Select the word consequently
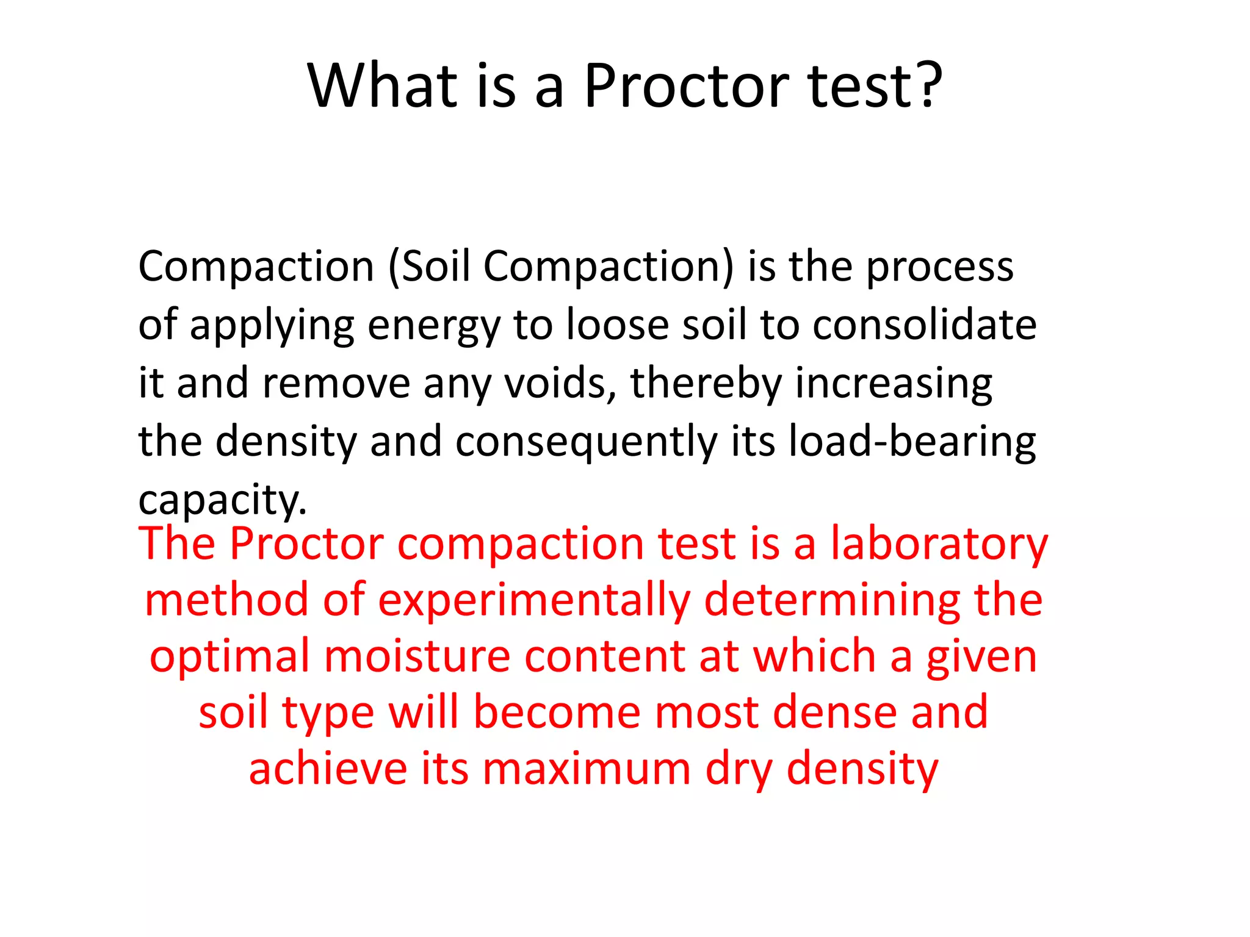[586, 442]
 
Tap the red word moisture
[416, 656]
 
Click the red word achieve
[328, 769]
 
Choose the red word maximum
[587, 769]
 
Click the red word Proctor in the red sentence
[306, 544]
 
